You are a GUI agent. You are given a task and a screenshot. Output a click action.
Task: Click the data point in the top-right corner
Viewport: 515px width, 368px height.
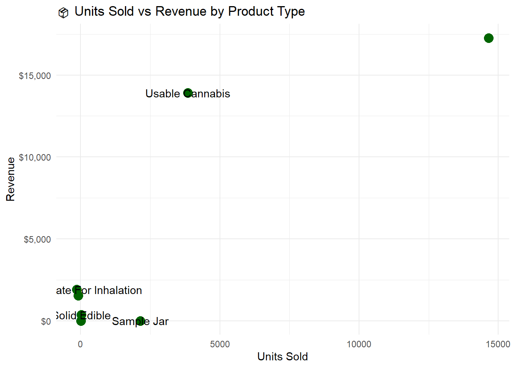tap(489, 38)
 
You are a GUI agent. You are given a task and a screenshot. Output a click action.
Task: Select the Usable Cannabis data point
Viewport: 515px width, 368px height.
tap(188, 93)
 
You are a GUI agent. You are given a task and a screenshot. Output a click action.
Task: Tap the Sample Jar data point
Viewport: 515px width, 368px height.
tap(140, 321)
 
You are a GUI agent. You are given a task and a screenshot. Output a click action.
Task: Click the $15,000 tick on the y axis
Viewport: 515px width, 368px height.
tap(35, 76)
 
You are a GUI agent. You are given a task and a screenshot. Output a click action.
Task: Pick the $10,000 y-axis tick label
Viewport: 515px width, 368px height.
tap(35, 158)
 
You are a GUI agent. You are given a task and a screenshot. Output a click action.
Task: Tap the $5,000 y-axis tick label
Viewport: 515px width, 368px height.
tap(37, 240)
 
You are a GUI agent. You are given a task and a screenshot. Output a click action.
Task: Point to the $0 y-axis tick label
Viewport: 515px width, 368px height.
tap(46, 322)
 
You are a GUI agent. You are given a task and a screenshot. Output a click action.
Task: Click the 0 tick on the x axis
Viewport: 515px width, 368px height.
tap(80, 344)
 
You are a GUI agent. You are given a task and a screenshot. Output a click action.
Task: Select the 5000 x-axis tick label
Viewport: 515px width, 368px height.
tap(220, 344)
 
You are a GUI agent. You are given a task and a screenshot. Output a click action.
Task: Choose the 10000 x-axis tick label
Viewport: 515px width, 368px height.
tap(359, 344)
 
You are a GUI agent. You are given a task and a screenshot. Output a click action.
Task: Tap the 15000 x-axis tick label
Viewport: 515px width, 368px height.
tap(498, 344)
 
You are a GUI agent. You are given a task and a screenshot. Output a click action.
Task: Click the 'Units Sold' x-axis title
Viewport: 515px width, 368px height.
tap(282, 357)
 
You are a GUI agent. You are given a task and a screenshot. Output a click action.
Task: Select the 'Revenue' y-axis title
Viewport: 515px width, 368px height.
tap(10, 179)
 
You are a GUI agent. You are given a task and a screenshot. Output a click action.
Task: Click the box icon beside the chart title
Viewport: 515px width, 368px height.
tap(63, 13)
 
